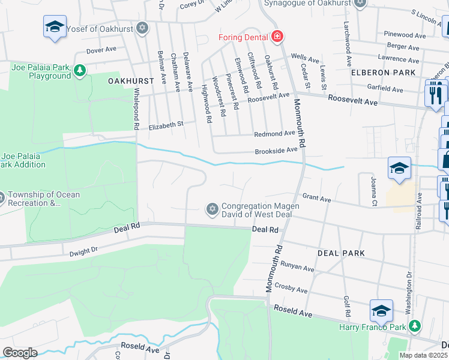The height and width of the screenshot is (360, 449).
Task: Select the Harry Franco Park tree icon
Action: pos(414,326)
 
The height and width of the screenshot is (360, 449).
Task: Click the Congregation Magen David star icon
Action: pos(211,209)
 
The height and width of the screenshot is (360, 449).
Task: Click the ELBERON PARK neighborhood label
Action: pos(384,73)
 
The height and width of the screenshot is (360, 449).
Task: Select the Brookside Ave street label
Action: pos(276,151)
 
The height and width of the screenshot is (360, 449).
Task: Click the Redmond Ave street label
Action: pos(275,134)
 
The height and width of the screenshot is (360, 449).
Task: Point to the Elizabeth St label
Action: pos(166,125)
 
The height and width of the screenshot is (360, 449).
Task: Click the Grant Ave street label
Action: pos(317,197)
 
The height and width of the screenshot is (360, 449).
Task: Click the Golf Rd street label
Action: pos(347,306)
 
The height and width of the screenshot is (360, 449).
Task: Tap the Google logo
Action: pos(19,353)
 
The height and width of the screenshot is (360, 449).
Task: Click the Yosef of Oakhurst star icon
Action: pos(142,28)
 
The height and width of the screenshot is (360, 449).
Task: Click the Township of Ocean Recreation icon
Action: pos(1,197)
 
